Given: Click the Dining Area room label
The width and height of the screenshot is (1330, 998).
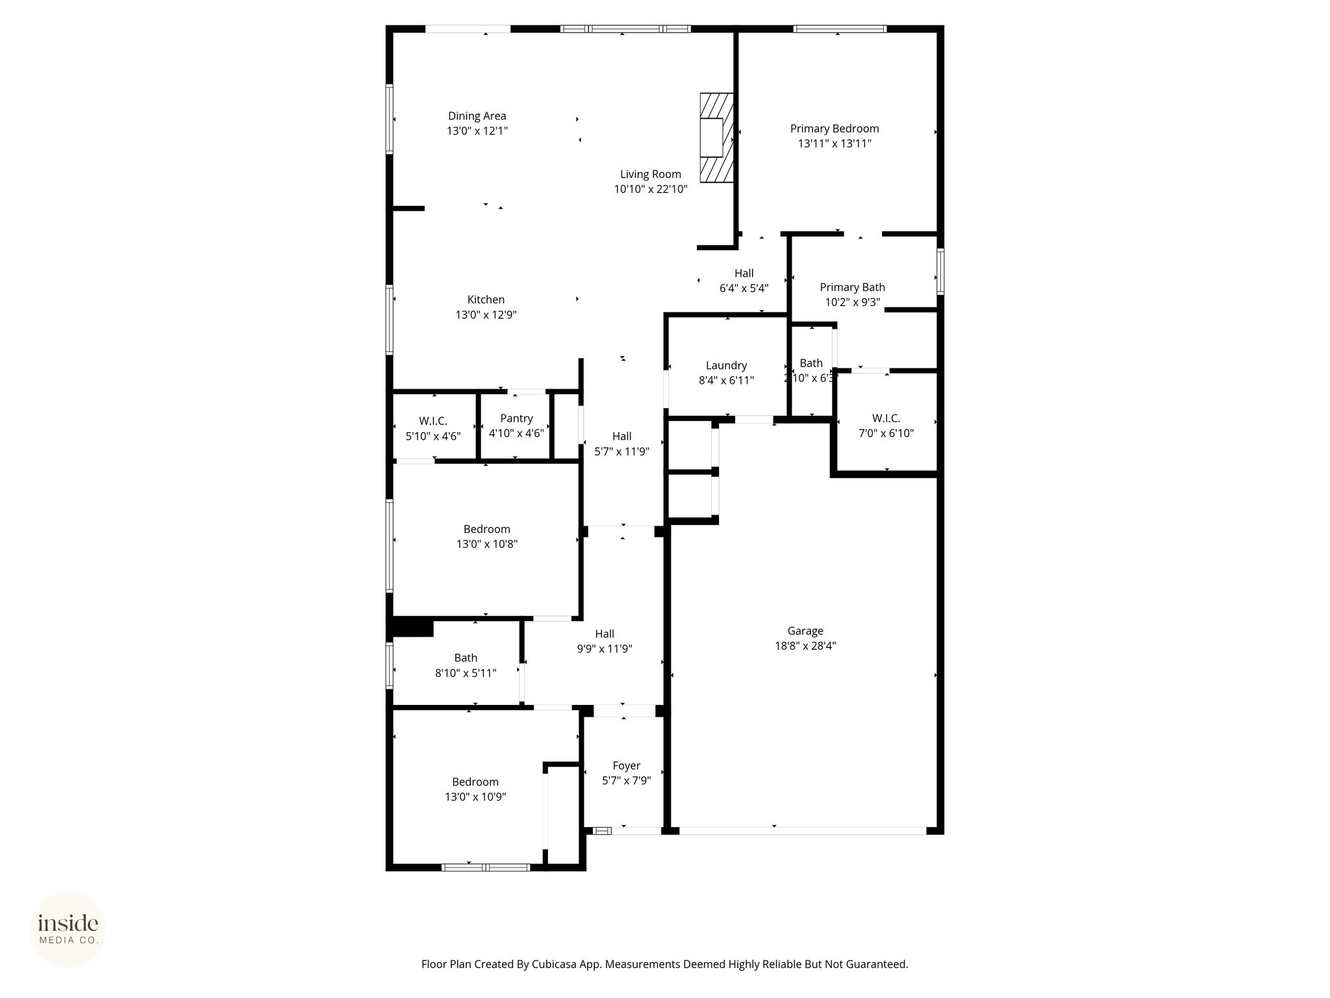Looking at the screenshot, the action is tap(477, 116).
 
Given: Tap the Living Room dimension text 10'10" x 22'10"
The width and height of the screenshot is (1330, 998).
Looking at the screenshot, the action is tap(651, 189).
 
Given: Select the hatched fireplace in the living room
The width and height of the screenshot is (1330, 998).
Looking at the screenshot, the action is tap(716, 138).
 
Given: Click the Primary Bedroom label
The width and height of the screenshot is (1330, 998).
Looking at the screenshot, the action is tap(834, 129).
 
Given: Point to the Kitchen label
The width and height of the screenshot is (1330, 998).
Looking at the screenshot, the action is tap(486, 300).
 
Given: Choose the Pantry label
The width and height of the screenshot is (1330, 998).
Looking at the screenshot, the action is tap(516, 418).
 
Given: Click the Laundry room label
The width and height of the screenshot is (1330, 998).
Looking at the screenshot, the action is tap(726, 366).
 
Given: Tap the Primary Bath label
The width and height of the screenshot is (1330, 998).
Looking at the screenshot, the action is tap(852, 287).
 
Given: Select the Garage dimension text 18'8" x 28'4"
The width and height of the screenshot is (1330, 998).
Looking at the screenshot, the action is tap(805, 646).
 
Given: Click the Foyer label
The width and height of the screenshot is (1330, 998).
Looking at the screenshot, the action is tap(626, 766).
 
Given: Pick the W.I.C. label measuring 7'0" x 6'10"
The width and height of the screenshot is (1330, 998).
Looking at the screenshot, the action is tap(886, 418).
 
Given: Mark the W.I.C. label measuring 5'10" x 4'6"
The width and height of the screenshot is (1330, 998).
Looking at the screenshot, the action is tap(433, 421).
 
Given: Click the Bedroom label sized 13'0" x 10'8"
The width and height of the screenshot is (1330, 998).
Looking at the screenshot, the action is tap(486, 529).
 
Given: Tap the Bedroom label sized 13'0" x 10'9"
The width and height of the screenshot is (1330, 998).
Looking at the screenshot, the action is tap(475, 782).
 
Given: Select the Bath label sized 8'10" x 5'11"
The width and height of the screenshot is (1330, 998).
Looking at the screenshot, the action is tap(466, 658).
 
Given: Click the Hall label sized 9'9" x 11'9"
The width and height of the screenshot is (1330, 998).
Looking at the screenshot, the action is tap(605, 633).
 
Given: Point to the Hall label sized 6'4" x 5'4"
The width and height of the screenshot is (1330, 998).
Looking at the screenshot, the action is tap(744, 274).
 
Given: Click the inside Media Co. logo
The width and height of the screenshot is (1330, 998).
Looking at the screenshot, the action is tap(68, 930).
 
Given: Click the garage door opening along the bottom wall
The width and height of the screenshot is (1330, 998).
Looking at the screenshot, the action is tap(802, 830).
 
